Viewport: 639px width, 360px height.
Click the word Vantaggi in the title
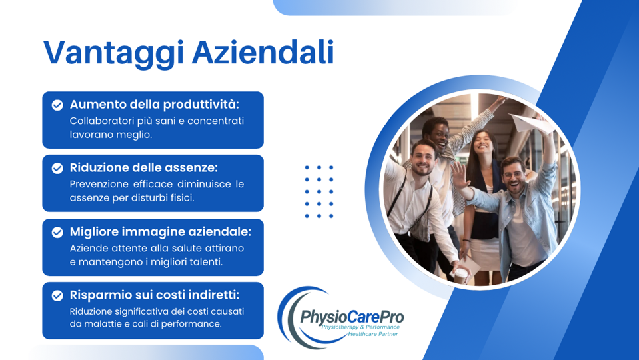coord(113,53)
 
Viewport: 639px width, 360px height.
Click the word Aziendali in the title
coord(263,53)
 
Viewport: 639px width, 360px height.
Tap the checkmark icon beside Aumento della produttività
coord(57,105)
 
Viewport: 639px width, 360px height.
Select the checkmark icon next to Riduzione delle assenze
coord(57,168)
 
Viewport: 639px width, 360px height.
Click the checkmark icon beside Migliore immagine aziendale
coord(57,232)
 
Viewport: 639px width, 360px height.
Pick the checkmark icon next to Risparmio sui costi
coord(57,295)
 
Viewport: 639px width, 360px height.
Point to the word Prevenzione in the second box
coord(99,184)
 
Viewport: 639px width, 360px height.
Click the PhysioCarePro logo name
coord(351,315)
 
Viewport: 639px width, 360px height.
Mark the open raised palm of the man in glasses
coord(460,175)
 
